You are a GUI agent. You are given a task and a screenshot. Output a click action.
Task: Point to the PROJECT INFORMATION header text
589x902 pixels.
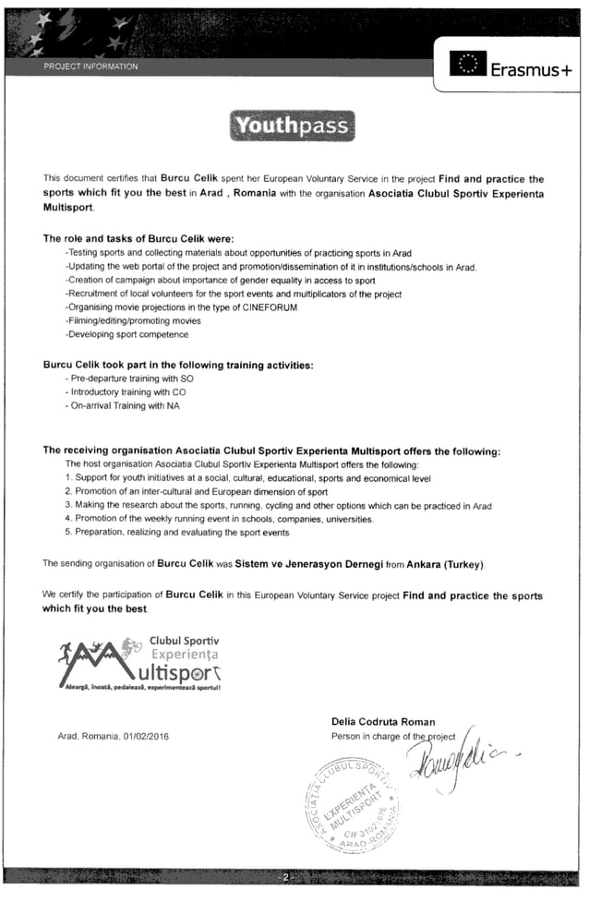tap(90, 66)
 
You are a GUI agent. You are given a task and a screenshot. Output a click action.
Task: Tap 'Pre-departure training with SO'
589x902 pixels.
tap(129, 379)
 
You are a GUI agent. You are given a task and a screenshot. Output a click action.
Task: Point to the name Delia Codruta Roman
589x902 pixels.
tap(382, 721)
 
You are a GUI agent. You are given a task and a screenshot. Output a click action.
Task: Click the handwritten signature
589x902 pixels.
tap(449, 760)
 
